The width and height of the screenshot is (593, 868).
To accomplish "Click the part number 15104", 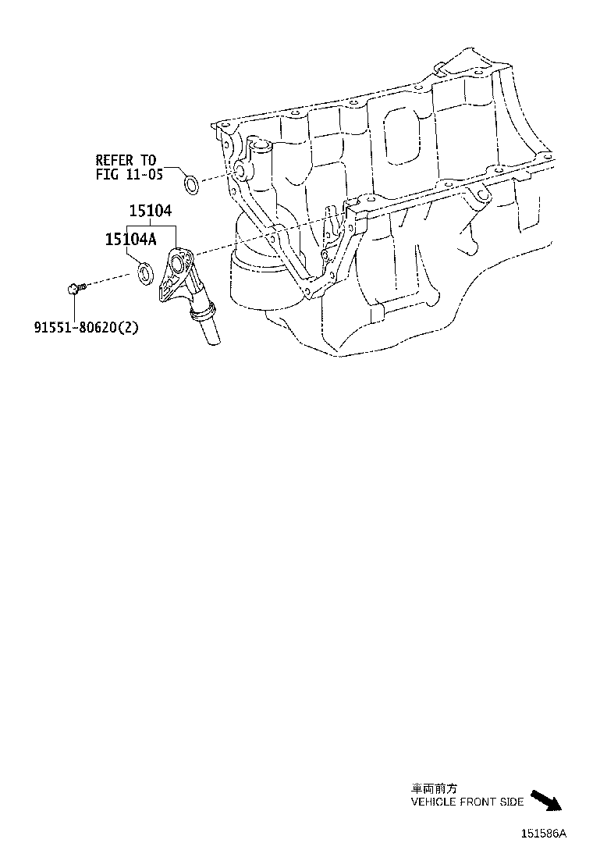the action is click(x=151, y=212).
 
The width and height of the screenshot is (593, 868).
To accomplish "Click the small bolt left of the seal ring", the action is click(x=75, y=289).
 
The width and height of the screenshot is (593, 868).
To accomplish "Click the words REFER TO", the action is click(x=126, y=161).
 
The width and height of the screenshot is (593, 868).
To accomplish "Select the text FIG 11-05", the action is click(x=129, y=175).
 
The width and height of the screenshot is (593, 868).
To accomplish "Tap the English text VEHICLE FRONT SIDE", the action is click(x=467, y=802).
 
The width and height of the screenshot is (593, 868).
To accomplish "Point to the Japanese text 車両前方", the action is click(x=430, y=789).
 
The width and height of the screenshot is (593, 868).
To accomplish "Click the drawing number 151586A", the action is click(x=544, y=834).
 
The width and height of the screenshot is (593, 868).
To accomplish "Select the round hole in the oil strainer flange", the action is click(x=179, y=263).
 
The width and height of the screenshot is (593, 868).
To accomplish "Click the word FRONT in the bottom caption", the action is click(x=476, y=802).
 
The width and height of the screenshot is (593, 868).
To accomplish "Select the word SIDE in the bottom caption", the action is click(x=512, y=802).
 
